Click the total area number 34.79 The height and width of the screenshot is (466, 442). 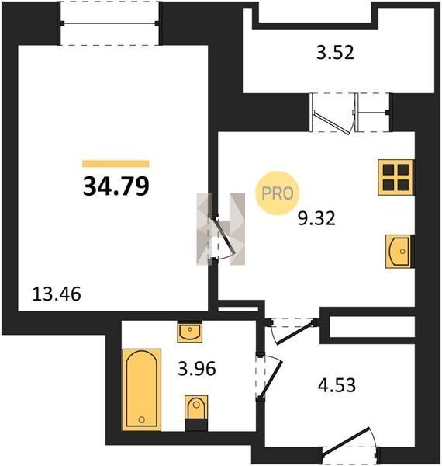click(116, 186)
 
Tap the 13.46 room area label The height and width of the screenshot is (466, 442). click(57, 294)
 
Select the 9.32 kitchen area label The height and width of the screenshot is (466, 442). click(316, 218)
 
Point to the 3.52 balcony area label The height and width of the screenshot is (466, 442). click(335, 53)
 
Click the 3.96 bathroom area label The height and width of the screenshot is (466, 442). click(197, 369)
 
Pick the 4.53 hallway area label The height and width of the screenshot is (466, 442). click(337, 385)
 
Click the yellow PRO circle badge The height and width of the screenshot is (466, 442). click(278, 193)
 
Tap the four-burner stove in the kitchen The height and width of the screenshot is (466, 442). click(396, 177)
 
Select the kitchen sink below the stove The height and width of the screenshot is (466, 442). click(399, 252)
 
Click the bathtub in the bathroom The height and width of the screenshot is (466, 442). click(142, 390)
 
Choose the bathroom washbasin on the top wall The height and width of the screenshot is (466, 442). click(190, 332)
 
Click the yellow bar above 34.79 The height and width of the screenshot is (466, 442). click(116, 164)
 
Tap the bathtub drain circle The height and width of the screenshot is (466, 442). click(141, 419)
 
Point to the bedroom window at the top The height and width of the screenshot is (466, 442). click(110, 23)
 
